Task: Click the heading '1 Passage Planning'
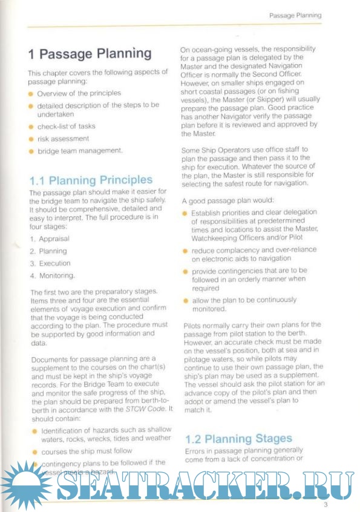click(x=90, y=54)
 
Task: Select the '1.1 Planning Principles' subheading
click(x=91, y=180)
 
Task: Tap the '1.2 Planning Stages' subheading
click(x=238, y=438)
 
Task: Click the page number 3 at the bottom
click(x=325, y=504)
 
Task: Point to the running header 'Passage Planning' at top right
click(x=295, y=15)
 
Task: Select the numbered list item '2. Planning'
click(x=49, y=251)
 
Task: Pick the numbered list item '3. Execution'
click(x=50, y=263)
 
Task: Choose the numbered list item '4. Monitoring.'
click(x=53, y=275)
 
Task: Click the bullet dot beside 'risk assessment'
click(x=31, y=139)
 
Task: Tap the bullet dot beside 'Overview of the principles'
click(x=31, y=94)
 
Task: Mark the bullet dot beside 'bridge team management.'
click(x=31, y=150)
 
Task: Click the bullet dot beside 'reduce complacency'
click(x=186, y=250)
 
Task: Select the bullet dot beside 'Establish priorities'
click(x=186, y=214)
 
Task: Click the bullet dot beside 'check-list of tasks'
click(x=31, y=127)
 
